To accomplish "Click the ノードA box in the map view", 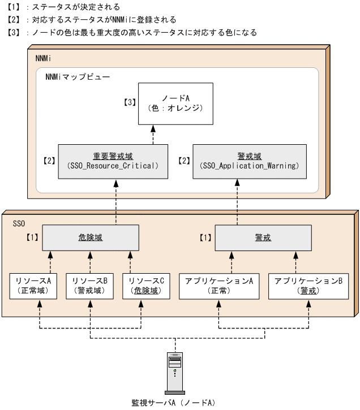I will click(x=176, y=104).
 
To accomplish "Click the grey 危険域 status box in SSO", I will click(x=91, y=238).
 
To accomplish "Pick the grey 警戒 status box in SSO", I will click(x=263, y=238).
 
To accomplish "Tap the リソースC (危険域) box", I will click(x=146, y=286).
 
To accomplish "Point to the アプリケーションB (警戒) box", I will click(x=308, y=286).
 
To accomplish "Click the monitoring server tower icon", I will click(x=175, y=372).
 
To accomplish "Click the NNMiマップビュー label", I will click(x=78, y=76).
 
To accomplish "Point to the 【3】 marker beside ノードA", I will click(x=130, y=102).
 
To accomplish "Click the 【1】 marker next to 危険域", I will click(x=33, y=238).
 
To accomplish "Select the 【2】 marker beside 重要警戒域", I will click(x=49, y=161).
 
